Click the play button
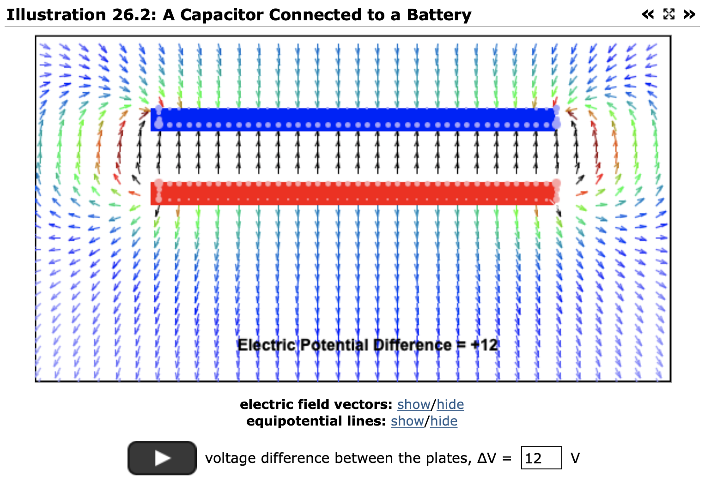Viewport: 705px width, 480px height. (x=162, y=458)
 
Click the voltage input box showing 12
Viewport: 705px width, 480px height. (x=541, y=458)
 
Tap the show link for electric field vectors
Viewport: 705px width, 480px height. (x=413, y=404)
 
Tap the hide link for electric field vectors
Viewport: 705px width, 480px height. (x=450, y=404)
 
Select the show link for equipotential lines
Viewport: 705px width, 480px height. (x=407, y=421)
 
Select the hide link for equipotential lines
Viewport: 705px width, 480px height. (x=444, y=421)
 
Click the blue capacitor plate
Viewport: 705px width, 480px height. (x=353, y=119)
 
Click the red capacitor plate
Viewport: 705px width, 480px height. (x=353, y=193)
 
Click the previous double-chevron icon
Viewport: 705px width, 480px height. (x=648, y=14)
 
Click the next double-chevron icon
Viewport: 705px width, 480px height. (x=689, y=14)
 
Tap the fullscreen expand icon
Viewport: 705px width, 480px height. (x=669, y=14)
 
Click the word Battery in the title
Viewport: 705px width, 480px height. (x=439, y=15)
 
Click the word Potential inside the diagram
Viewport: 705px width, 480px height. (x=334, y=345)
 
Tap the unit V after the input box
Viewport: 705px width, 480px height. (x=575, y=458)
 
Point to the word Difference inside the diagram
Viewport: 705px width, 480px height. (x=412, y=345)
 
